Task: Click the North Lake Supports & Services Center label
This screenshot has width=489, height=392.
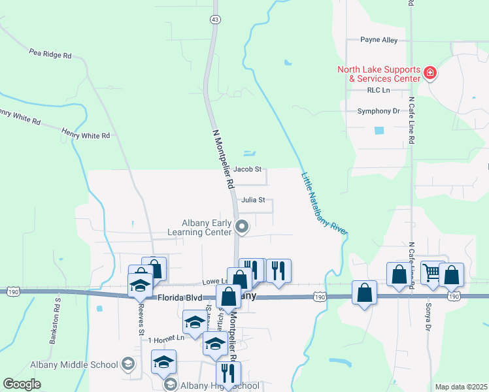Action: pos(378,74)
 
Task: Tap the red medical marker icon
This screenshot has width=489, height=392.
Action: pos(430,73)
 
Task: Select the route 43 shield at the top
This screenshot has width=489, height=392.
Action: pos(215,20)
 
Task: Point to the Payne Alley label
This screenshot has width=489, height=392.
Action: pos(379,40)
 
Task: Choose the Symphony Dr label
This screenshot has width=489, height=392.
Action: pos(378,111)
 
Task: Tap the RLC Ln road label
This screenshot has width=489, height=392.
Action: pos(378,90)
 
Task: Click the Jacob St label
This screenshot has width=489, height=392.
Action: pos(247,169)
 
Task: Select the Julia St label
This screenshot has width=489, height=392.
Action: pos(252,201)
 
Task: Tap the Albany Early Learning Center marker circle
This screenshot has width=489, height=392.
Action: pos(243,227)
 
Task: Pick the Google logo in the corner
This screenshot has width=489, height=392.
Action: pos(22,384)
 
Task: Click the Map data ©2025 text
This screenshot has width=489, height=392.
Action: pos(461,387)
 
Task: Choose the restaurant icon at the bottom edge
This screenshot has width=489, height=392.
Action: pos(228,374)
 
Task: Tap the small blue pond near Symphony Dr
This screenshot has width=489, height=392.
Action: pos(379,130)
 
